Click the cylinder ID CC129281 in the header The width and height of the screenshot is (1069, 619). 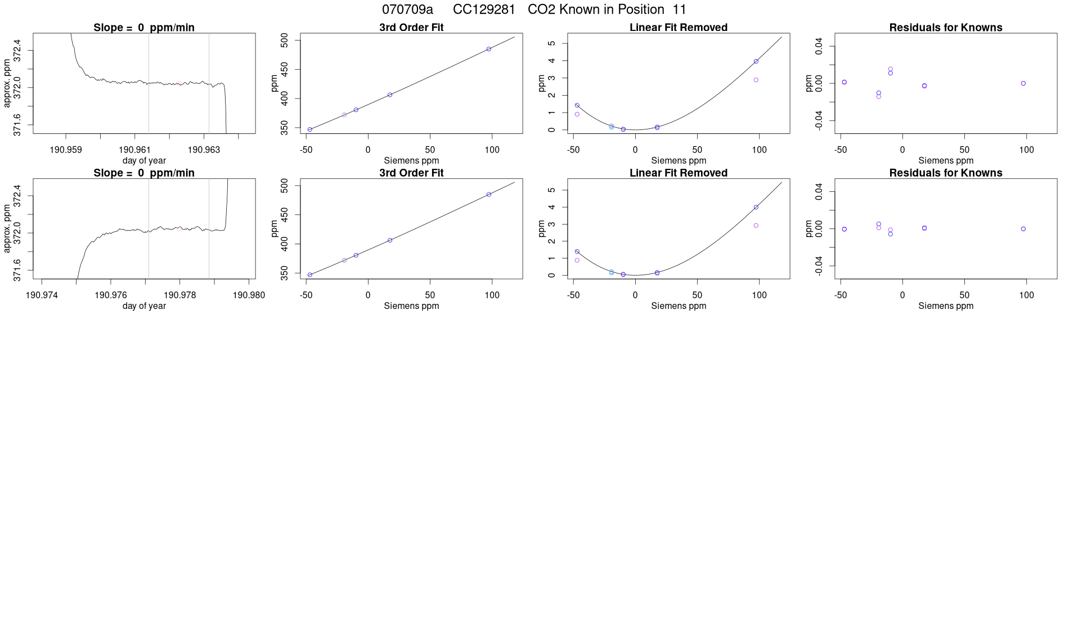point(484,10)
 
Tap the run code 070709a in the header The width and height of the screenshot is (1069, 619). point(407,10)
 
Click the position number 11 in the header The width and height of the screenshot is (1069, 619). point(679,10)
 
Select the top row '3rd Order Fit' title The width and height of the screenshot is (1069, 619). point(411,28)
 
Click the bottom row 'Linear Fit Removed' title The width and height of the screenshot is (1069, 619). point(678,173)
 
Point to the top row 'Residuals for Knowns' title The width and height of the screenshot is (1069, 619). point(945,28)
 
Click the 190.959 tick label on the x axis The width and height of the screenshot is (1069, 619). point(66,150)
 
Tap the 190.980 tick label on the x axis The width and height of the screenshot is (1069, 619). point(249,295)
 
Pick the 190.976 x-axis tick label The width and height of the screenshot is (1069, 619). point(111,295)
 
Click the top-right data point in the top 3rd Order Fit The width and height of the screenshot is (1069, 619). point(489,49)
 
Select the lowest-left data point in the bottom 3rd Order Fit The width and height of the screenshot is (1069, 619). point(310,275)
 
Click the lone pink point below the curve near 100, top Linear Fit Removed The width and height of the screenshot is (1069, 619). point(756,80)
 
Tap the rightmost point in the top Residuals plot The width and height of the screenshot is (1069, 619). point(1023,83)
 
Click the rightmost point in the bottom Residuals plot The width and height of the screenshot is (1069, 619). point(1023,229)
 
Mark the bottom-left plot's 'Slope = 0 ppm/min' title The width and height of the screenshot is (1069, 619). point(144,173)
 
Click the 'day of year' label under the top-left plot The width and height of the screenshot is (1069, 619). point(144,160)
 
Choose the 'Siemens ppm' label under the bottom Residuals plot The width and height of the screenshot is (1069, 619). point(945,306)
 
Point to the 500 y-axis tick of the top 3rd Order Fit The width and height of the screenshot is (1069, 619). point(284,40)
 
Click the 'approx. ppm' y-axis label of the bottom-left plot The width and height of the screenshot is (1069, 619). point(7,228)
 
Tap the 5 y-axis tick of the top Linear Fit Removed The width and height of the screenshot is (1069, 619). point(551,43)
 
